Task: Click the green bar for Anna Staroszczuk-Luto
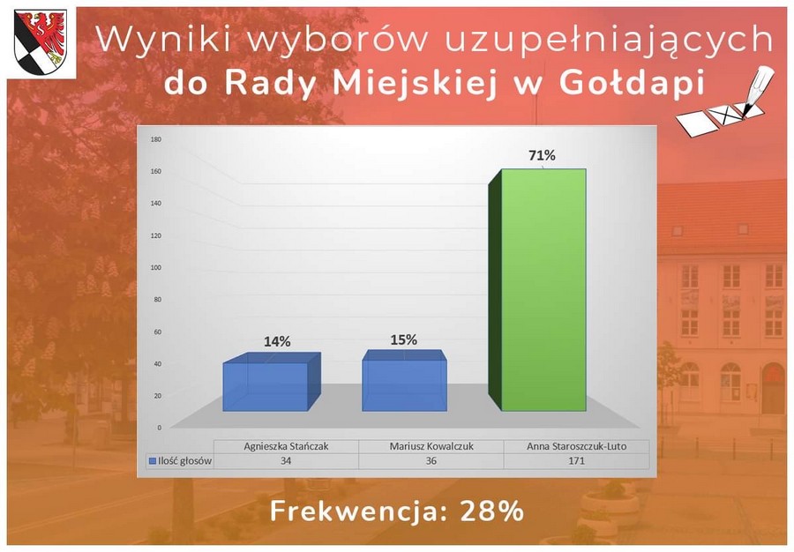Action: tap(537, 289)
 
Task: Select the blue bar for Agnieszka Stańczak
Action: tap(272, 382)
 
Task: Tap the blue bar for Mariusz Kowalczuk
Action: tap(404, 380)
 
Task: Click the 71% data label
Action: tap(542, 155)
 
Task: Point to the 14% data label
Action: tap(277, 341)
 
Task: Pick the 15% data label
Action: tap(403, 339)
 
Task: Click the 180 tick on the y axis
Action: tap(156, 139)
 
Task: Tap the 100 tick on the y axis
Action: tap(156, 267)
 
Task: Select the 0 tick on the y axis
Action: tap(159, 428)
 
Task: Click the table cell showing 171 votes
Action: tap(576, 460)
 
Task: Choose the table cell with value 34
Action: tap(286, 460)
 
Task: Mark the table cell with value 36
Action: tap(431, 460)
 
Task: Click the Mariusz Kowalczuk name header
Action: tap(431, 446)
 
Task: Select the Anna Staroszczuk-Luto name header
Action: tap(576, 446)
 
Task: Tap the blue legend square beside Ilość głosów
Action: tap(152, 461)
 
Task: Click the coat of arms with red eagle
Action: tap(41, 42)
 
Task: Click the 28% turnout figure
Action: tap(491, 511)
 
